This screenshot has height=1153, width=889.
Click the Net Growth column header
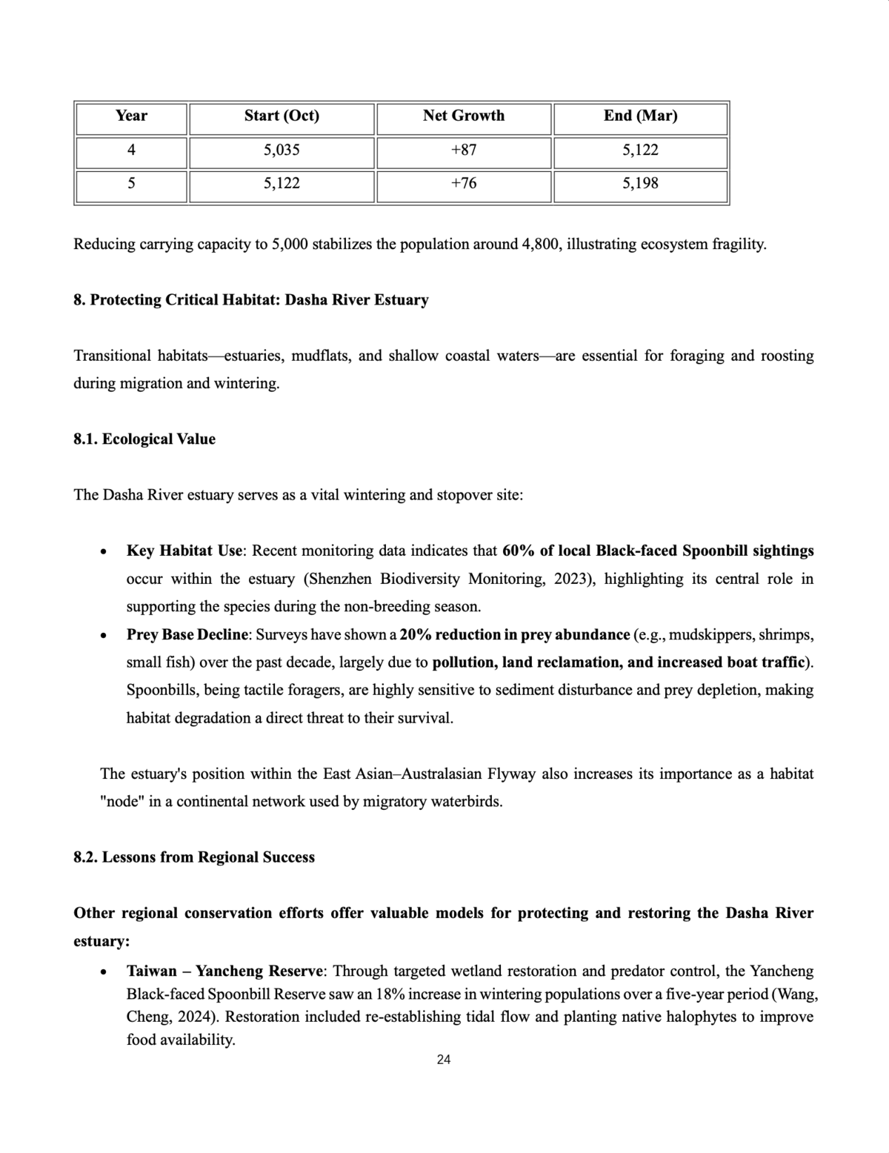(x=464, y=116)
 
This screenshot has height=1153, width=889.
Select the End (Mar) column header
(x=640, y=116)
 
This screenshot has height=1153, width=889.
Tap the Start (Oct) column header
(x=282, y=116)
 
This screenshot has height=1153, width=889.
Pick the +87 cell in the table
(x=464, y=150)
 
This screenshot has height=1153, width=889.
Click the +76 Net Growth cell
(x=464, y=183)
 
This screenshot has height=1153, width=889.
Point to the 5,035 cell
(x=282, y=150)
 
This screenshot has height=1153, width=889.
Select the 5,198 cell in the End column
(x=640, y=183)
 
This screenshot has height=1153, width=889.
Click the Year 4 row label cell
(x=131, y=150)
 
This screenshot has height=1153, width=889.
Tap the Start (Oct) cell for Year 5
(x=282, y=183)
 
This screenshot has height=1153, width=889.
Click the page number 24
(x=444, y=1060)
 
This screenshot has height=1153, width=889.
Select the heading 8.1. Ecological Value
(x=144, y=439)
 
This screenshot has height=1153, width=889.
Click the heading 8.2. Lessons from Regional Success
(x=194, y=857)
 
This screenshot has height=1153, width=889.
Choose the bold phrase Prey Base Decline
(x=188, y=634)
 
